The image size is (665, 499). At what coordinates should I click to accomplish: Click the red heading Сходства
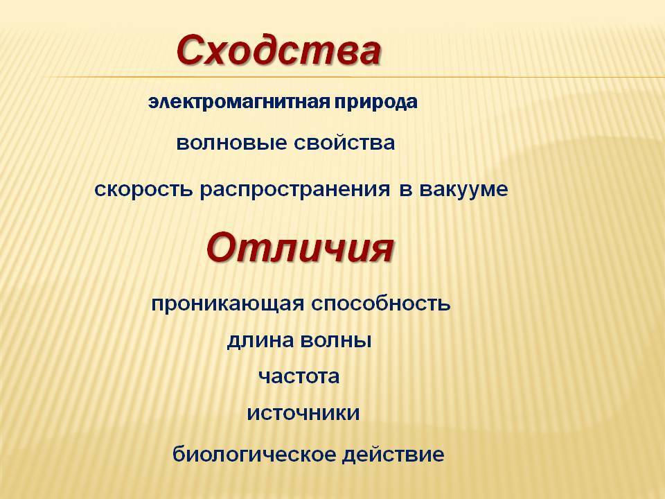(278, 50)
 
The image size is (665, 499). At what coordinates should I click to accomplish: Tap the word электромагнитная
(239, 103)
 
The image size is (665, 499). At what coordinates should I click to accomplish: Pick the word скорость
(143, 189)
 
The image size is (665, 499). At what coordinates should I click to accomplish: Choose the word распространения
(295, 189)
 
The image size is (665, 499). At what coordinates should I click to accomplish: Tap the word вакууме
(463, 189)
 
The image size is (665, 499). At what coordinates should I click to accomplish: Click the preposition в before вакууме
(406, 189)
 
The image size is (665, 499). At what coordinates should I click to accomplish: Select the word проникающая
(228, 304)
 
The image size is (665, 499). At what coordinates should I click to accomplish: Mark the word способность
(381, 303)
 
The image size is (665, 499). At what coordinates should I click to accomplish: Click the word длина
(260, 341)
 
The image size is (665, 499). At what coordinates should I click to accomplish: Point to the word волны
(335, 341)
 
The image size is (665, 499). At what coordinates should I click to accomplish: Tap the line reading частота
(299, 376)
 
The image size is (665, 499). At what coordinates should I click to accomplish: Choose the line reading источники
(303, 413)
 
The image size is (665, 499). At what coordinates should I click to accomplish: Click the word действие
(393, 455)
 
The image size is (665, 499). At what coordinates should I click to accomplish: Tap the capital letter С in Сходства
(191, 50)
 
